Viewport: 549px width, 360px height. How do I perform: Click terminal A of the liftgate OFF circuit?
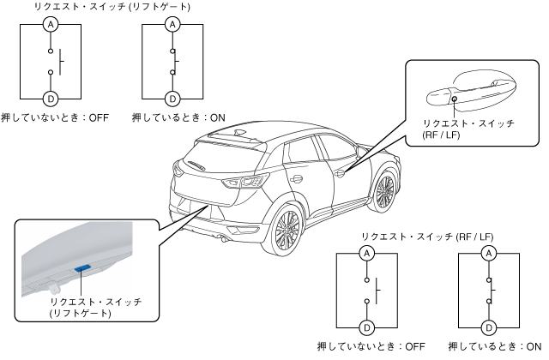coord(51,25)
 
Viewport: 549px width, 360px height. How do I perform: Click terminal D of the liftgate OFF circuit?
coord(51,98)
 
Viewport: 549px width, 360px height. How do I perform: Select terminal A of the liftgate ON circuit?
coord(172,25)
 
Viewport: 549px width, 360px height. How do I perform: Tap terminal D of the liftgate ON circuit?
coord(172,98)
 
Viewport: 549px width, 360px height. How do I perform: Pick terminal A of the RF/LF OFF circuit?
coord(366,253)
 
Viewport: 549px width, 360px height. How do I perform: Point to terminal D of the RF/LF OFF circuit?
coord(366,327)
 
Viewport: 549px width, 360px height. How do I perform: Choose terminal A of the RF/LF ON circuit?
coord(488,253)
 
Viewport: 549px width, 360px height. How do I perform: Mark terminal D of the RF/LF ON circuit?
coord(488,327)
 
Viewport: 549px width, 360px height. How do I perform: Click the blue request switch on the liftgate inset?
coord(83,268)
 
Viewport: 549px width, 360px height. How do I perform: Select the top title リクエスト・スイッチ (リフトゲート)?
coord(112,7)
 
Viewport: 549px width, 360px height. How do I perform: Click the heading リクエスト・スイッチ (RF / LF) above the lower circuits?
coord(426,236)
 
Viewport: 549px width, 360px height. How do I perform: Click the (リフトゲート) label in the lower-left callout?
coord(81,314)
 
